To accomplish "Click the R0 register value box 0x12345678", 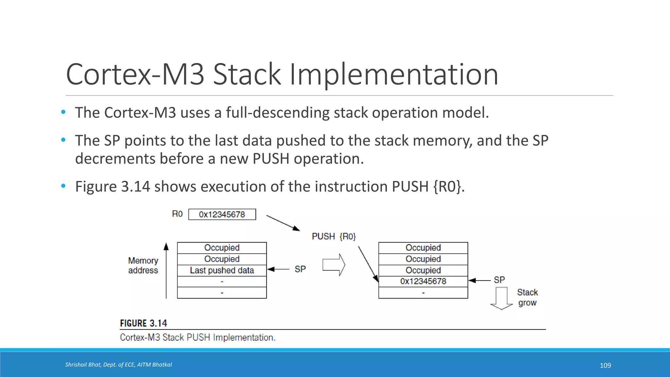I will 222,214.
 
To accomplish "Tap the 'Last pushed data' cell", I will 222,270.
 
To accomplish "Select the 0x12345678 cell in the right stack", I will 423,281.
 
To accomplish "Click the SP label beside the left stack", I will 300,269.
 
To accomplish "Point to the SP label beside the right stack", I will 499,280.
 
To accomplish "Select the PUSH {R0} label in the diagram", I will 334,236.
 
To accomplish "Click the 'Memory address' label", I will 143,265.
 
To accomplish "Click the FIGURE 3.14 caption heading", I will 143,323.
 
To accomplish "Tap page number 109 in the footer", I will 605,366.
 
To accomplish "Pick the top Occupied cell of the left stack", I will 222,248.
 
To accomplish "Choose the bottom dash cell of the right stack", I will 423,293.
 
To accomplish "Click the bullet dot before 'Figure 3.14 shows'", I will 63,186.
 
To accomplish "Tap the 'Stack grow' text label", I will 527,297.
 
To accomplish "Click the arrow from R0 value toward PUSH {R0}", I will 283,223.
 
